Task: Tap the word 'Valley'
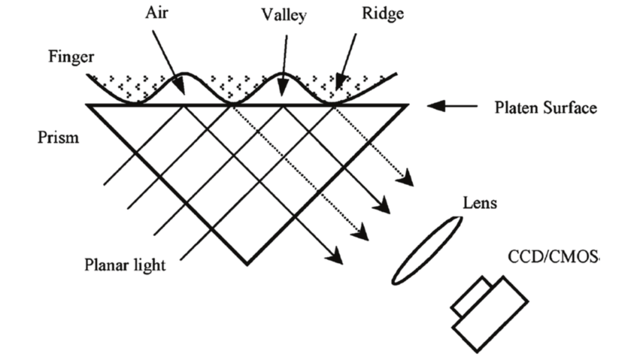coord(283,15)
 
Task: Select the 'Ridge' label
coord(382,13)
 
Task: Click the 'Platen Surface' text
coord(545,108)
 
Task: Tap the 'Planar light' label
coord(125,264)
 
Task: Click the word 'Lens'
coord(480,202)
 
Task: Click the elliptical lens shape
coord(427,250)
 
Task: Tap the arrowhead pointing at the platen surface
coord(435,107)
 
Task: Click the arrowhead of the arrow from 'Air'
coord(180,89)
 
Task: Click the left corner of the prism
coord(88,105)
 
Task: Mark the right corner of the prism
coord(407,105)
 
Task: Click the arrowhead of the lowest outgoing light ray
coord(336,257)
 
